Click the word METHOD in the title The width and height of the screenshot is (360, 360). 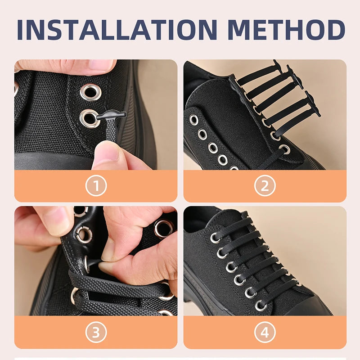click(286, 29)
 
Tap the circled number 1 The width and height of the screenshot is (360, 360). click(96, 185)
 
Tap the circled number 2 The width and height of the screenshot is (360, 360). click(265, 185)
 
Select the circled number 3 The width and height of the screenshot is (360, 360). click(96, 333)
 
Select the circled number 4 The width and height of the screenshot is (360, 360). click(265, 333)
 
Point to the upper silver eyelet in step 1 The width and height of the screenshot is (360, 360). click(90, 91)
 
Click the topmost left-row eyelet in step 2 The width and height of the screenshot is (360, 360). click(194, 120)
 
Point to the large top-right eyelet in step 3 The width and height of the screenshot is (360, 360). click(164, 228)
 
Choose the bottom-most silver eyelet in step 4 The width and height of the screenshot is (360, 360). click(261, 305)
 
